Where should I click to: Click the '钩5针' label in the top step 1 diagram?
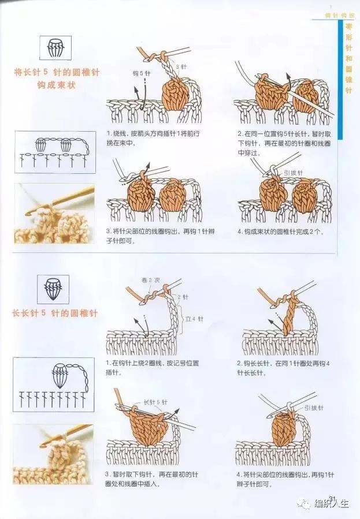tap(142, 74)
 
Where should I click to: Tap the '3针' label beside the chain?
tap(181, 68)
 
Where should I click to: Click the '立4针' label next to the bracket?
tap(195, 318)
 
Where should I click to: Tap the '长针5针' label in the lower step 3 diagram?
tap(154, 402)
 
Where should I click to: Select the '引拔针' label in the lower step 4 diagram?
tap(313, 408)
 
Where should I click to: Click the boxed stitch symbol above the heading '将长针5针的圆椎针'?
tap(55, 48)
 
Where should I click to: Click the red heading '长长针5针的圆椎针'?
tap(55, 313)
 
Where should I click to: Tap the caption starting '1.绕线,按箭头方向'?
tap(153, 137)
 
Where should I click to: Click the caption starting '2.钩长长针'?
tap(278, 368)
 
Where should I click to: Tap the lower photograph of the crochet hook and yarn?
tap(53, 454)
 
